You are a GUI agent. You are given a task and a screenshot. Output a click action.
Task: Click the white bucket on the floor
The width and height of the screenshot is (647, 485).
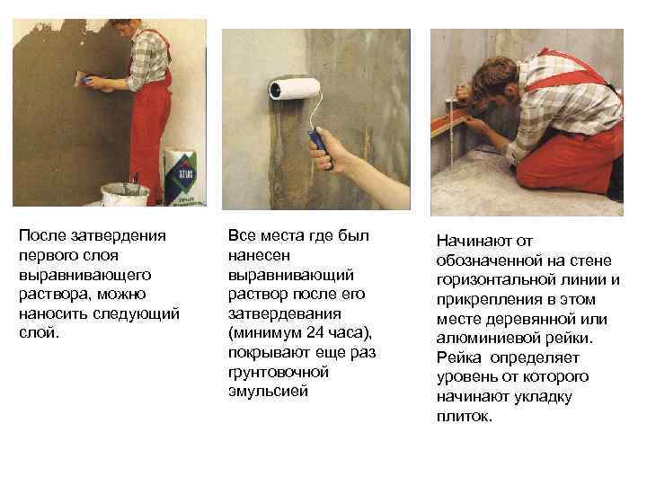point(124,195)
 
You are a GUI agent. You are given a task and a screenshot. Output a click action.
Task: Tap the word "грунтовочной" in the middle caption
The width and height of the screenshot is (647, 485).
point(278,372)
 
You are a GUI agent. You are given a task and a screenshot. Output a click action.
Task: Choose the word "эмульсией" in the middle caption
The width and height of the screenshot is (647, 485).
point(268,392)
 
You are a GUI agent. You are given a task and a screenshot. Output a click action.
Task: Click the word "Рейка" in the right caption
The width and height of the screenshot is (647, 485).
point(458,358)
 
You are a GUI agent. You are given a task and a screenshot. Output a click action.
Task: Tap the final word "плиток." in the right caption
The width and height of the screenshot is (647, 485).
point(465,417)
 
